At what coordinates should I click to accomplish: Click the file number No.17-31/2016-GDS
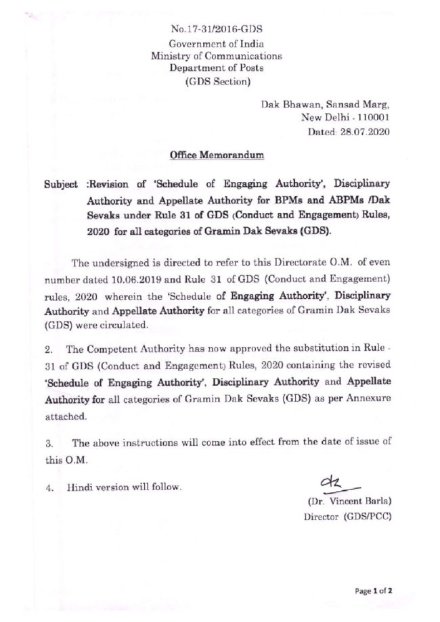click(217, 30)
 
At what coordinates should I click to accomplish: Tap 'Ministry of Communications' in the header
click(217, 57)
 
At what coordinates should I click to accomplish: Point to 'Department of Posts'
click(217, 69)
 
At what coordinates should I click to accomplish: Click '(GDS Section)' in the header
click(217, 82)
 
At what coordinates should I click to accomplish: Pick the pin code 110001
click(371, 118)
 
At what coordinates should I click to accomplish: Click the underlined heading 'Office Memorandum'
click(217, 156)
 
